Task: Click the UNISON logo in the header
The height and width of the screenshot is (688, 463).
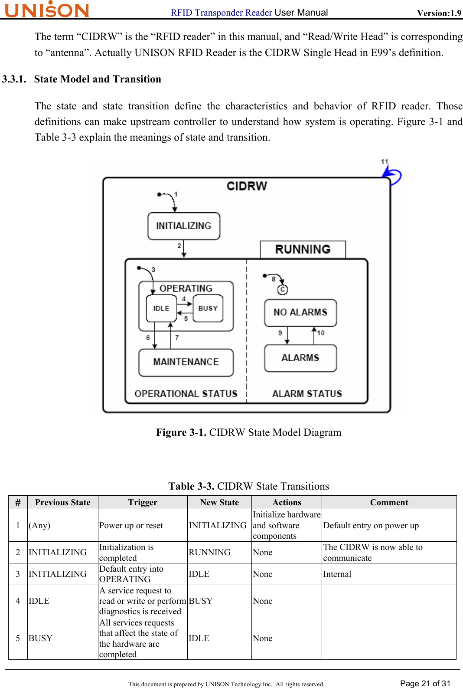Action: (47, 10)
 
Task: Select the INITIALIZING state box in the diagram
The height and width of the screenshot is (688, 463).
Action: (183, 226)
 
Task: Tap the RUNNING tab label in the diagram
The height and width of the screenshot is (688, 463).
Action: (303, 249)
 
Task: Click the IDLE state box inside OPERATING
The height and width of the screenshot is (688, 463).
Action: (161, 308)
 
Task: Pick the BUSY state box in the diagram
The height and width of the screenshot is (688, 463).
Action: (208, 308)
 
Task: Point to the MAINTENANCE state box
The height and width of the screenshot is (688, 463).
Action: (186, 362)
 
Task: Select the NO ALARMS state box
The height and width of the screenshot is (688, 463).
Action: (300, 313)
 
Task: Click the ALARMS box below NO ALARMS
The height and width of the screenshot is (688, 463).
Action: (300, 358)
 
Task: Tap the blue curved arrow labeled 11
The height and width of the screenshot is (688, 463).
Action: (393, 175)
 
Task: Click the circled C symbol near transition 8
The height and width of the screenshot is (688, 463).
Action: (283, 290)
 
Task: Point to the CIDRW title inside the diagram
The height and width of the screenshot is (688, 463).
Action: (247, 186)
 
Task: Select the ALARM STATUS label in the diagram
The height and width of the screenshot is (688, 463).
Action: (307, 394)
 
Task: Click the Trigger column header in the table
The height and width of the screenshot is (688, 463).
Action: (143, 503)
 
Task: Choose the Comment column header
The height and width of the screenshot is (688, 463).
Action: (389, 503)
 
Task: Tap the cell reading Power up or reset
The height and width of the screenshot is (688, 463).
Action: (131, 526)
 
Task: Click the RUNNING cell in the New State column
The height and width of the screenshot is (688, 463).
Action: (209, 553)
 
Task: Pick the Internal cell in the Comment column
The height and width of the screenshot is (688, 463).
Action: (337, 574)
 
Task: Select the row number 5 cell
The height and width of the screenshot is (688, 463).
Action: (18, 639)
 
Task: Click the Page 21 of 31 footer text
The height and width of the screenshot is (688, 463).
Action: (425, 684)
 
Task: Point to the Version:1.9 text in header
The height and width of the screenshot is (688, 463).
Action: (439, 13)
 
